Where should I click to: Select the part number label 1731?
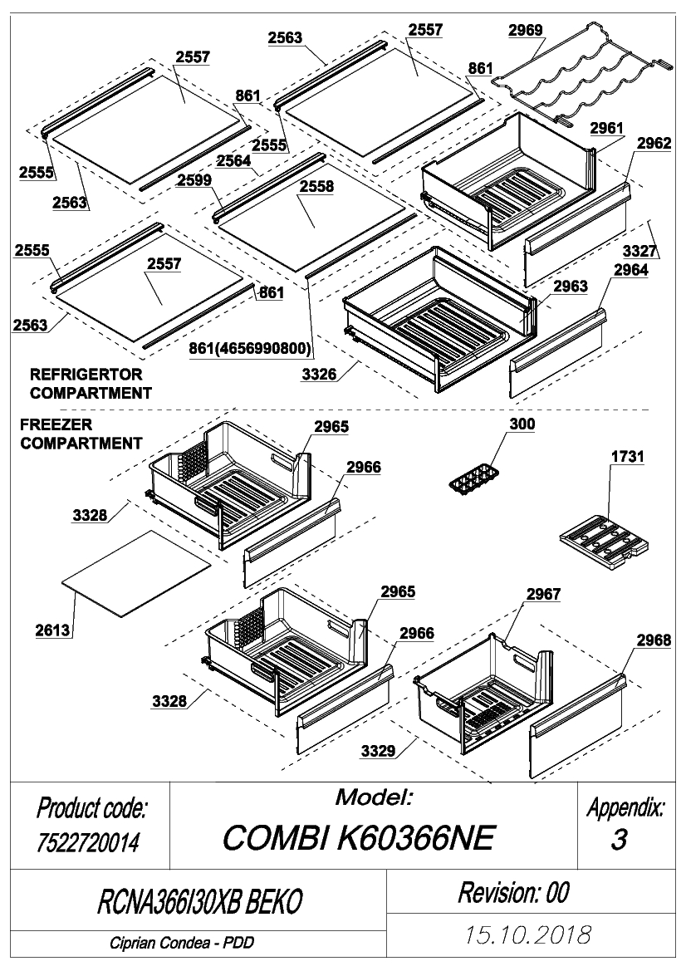[627, 456]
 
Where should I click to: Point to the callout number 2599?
[194, 180]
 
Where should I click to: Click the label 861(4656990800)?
[250, 349]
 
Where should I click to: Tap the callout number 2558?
[316, 186]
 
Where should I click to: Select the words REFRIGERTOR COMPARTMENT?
[91, 384]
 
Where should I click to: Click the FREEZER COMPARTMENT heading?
[81, 434]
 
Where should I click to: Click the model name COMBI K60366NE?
[359, 838]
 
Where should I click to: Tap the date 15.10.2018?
[528, 934]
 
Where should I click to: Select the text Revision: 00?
[513, 892]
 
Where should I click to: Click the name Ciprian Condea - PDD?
[182, 943]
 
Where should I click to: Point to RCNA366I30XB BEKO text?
[200, 902]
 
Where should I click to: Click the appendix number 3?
[619, 840]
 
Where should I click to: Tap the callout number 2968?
[653, 640]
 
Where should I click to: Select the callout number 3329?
[378, 751]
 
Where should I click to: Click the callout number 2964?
[631, 270]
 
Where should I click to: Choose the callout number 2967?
[544, 594]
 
